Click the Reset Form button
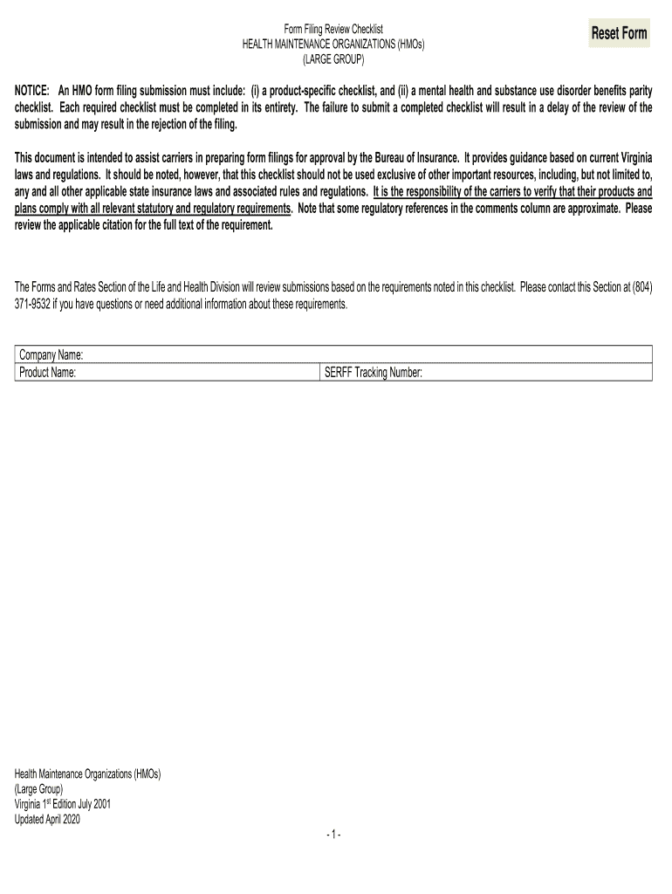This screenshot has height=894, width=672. pyautogui.click(x=619, y=34)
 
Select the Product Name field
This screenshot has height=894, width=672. pyautogui.click(x=201, y=373)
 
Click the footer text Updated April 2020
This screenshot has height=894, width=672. pyautogui.click(x=48, y=818)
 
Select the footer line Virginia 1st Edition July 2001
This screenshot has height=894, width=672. pyautogui.click(x=63, y=803)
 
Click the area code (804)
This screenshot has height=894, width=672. pyautogui.click(x=639, y=287)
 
